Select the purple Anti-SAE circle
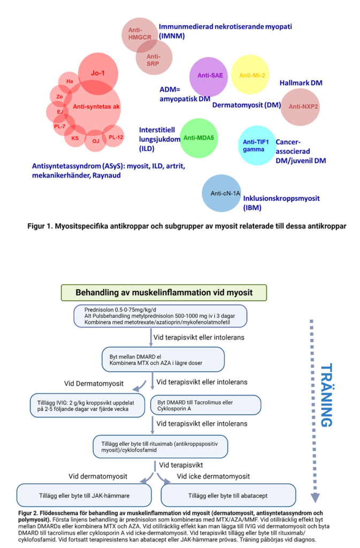tap(210, 75)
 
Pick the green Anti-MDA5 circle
tap(198, 138)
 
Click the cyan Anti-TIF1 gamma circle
tap(256, 146)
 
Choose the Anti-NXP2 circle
tap(301, 106)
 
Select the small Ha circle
tap(70, 81)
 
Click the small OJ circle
tap(96, 141)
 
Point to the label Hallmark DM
tap(301, 83)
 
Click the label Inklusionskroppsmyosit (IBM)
tap(274, 202)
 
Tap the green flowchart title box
tap(164, 292)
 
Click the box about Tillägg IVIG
tap(87, 406)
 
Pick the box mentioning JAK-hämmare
tap(83, 495)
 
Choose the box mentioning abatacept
tap(230, 495)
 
